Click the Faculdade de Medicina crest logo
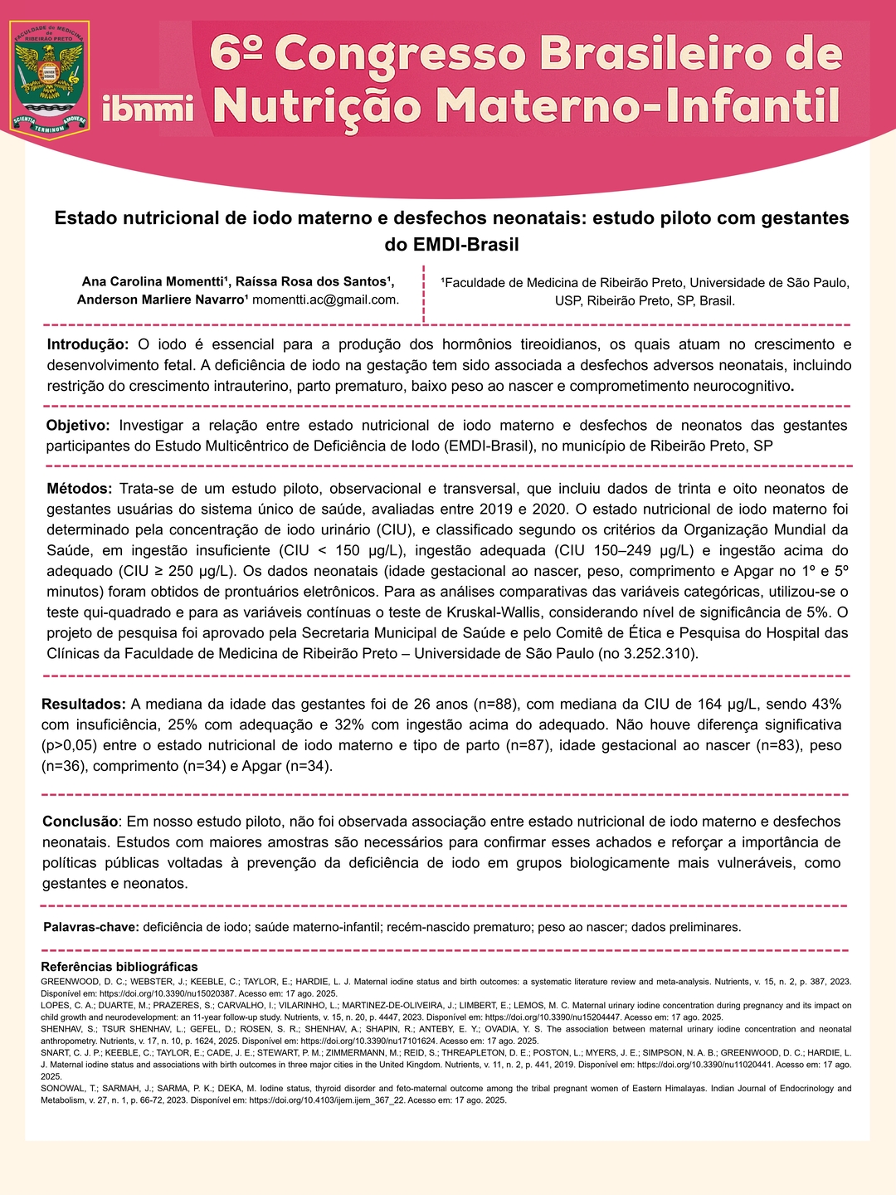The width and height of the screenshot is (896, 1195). [49, 80]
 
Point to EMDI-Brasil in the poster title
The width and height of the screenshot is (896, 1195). [451, 245]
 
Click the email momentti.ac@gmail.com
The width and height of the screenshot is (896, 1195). [325, 300]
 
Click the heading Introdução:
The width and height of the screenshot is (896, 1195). [87, 344]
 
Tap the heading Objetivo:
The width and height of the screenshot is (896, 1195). [78, 426]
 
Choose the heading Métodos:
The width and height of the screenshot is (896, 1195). [79, 489]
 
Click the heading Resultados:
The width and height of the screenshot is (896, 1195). [84, 705]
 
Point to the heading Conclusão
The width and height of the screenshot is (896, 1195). [80, 822]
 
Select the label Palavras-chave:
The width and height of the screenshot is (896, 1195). [90, 927]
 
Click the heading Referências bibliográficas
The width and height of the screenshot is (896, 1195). [119, 967]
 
